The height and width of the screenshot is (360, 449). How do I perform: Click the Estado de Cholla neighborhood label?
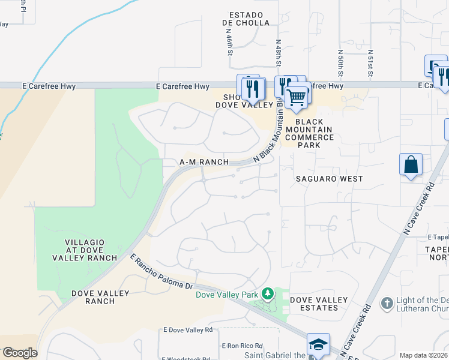(243, 19)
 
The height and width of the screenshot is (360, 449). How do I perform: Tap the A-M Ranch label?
(204, 162)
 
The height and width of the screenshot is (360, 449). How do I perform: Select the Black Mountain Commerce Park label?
(309, 130)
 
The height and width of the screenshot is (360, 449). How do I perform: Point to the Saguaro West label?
(329, 179)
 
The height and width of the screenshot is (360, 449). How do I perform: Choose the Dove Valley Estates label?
(319, 304)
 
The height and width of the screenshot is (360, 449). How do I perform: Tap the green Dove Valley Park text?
(227, 294)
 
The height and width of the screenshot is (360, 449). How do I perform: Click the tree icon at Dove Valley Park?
(269, 294)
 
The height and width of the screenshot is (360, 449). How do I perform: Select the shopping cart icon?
(296, 97)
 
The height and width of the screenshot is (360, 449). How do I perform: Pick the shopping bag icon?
(411, 165)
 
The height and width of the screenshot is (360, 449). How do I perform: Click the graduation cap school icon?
(318, 344)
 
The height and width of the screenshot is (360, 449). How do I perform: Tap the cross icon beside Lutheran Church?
(387, 302)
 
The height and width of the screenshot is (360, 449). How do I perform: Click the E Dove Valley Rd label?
(188, 330)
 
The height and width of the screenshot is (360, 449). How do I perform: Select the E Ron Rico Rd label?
(242, 346)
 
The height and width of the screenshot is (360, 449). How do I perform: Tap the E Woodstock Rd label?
(191, 358)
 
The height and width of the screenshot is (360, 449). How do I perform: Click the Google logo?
(20, 353)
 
